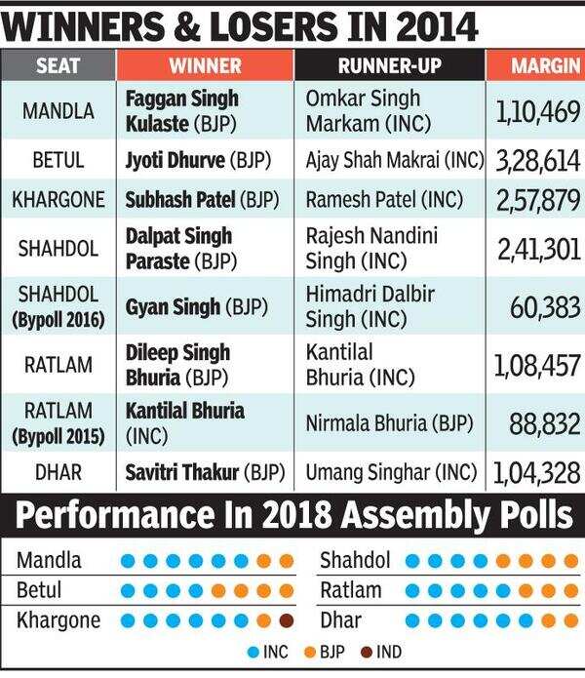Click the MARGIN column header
pyautogui.click(x=535, y=66)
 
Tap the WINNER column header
pyautogui.click(x=205, y=66)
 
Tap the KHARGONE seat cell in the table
pyautogui.click(x=58, y=201)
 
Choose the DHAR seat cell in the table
pyautogui.click(x=58, y=473)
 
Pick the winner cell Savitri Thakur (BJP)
pyautogui.click(x=205, y=473)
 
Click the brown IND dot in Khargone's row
pyautogui.click(x=286, y=620)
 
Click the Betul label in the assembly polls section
pyautogui.click(x=40, y=590)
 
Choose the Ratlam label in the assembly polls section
pyautogui.click(x=351, y=590)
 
